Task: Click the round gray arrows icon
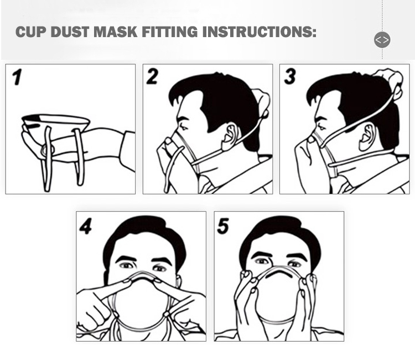(382, 40)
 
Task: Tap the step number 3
(289, 76)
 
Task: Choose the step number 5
(223, 225)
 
